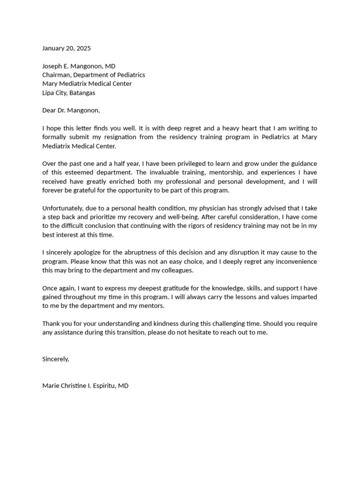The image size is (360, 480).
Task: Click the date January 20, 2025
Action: click(x=67, y=48)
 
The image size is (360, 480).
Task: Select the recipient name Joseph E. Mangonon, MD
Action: click(x=79, y=66)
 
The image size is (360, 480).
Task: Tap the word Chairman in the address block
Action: click(x=56, y=75)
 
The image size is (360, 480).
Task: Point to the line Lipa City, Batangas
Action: click(x=68, y=93)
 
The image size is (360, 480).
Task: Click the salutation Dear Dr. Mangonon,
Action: click(x=71, y=111)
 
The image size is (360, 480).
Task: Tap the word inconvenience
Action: click(x=292, y=262)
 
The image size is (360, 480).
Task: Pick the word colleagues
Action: click(x=176, y=270)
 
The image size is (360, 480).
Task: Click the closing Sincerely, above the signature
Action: click(x=56, y=359)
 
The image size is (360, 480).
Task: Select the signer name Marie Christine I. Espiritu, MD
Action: click(x=85, y=386)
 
